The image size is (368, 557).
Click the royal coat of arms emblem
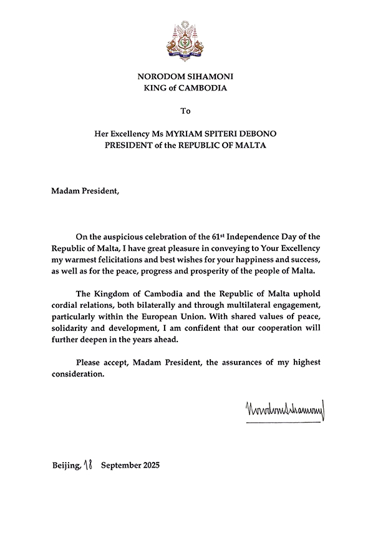(184, 40)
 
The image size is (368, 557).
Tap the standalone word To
(184, 112)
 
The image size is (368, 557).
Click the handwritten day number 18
(87, 465)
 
